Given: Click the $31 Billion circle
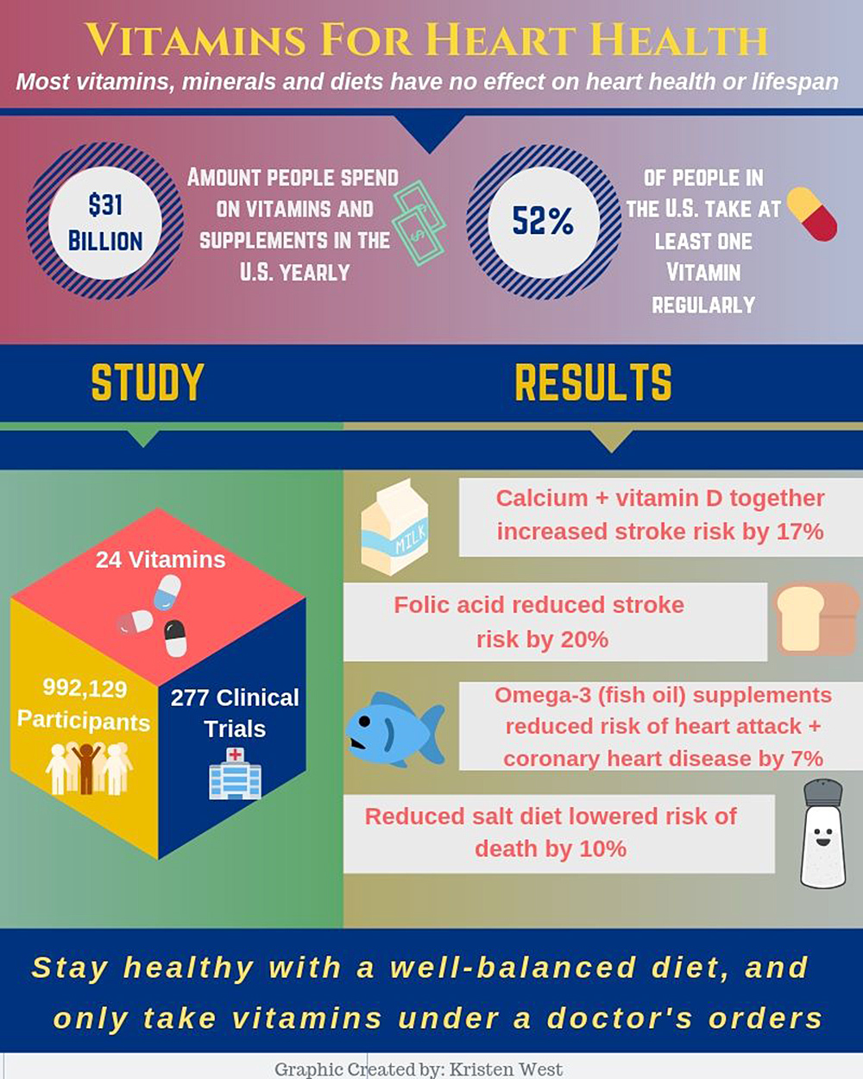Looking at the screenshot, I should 104,222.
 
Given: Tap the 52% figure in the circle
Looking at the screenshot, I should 543,222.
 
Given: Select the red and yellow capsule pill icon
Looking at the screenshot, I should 812,214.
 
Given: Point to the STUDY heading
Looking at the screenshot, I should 148,383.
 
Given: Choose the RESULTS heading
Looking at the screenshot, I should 593,383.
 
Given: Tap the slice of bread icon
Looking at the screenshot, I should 816,619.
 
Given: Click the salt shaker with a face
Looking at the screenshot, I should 822,833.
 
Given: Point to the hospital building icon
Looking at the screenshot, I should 235,773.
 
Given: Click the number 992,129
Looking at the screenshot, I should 85,689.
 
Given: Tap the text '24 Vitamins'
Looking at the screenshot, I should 161,559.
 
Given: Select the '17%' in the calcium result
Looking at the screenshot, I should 800,531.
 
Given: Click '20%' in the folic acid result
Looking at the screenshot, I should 585,640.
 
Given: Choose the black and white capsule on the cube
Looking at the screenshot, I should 175,638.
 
